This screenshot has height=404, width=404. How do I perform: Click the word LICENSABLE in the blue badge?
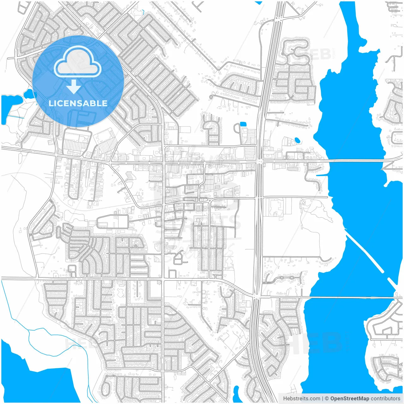click(78, 103)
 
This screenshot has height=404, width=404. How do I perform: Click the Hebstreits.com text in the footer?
click(301, 399)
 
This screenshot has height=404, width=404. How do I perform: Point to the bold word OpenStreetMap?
click(349, 399)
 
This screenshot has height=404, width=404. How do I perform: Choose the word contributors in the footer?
click(385, 399)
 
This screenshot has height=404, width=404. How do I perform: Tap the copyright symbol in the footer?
click(327, 399)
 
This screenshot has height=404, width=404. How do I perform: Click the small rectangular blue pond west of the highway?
click(243, 124)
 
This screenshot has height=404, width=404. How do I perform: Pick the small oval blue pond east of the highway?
click(297, 140)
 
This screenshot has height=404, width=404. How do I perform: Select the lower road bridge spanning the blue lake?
click(347, 297)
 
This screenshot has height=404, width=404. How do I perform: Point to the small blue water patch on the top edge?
click(259, 3)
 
